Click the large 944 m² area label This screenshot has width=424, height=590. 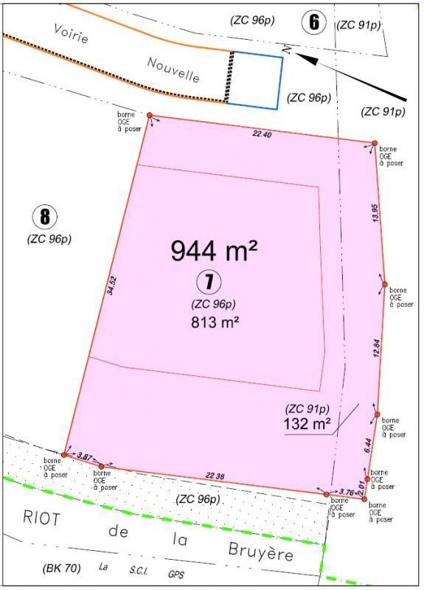tap(214, 251)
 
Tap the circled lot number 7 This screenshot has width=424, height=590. tap(210, 281)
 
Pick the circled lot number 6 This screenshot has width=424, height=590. tap(314, 22)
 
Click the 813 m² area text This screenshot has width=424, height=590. tap(213, 322)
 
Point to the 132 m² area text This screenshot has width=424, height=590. tap(307, 423)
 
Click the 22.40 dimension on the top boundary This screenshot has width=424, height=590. tap(263, 134)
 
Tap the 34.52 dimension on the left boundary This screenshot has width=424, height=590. tap(112, 285)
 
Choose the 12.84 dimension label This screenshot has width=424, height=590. tap(376, 349)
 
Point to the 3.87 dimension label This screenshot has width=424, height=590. tap(85, 457)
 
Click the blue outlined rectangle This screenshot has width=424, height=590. tap(255, 80)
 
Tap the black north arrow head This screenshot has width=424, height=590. tap(305, 60)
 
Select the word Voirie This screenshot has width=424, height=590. tap(71, 33)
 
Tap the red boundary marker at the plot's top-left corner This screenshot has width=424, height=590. tap(150, 116)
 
